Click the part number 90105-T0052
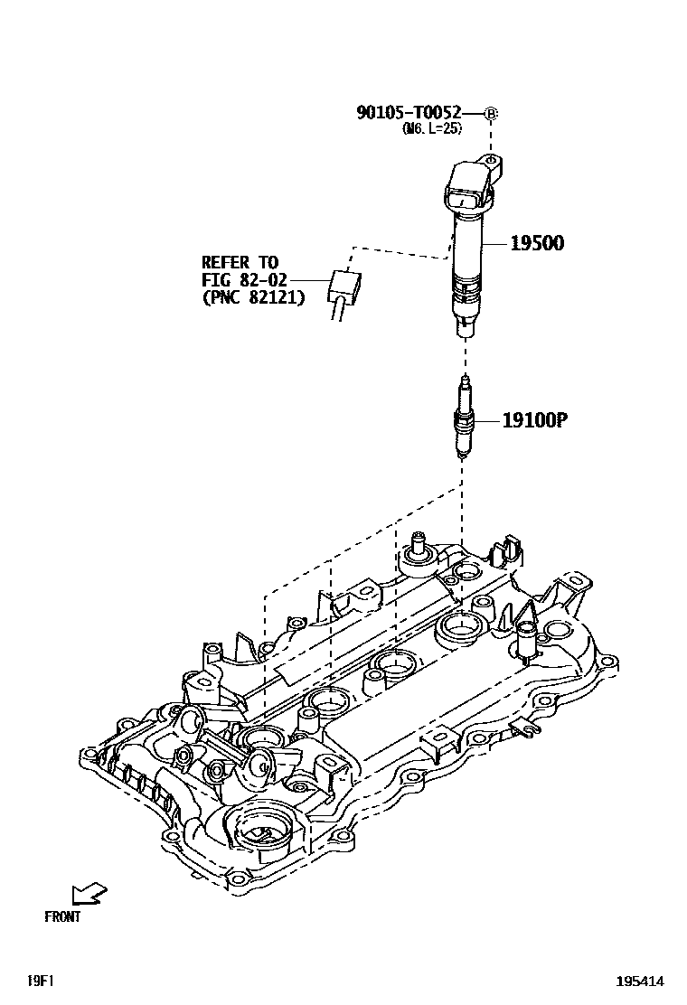409,113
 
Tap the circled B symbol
491,114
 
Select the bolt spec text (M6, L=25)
432,129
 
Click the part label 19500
537,242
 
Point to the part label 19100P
534,419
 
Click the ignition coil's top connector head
470,190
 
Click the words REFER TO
240,263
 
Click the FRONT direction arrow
89,894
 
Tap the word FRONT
62,916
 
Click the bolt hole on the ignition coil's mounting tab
490,164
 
